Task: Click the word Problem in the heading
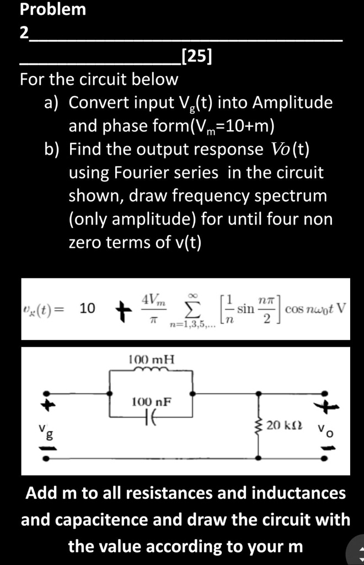(x=53, y=9)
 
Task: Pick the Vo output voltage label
(x=325, y=430)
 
